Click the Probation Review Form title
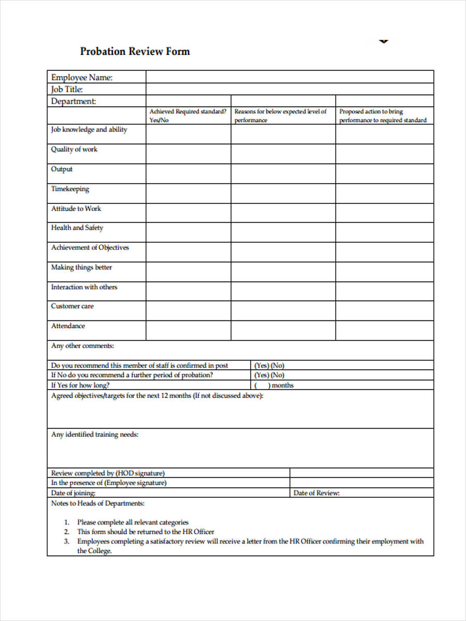pos(135,51)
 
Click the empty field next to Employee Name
pos(289,77)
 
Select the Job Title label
pos(67,89)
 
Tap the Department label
pos(74,101)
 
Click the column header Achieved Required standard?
pos(188,115)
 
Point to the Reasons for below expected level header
pos(281,115)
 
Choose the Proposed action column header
pos(383,115)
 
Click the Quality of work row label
pos(74,150)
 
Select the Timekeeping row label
pos(70,189)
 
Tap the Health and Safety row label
pos(77,228)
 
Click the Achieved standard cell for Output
pos(188,173)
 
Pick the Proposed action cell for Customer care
pos(384,310)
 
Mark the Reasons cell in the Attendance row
pos(283,330)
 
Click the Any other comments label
pos(82,346)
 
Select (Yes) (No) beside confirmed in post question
pos(269,365)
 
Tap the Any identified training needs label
pos(95,435)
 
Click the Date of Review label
pos(316,493)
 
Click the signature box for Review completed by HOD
pos(361,473)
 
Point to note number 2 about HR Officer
pos(145,531)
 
